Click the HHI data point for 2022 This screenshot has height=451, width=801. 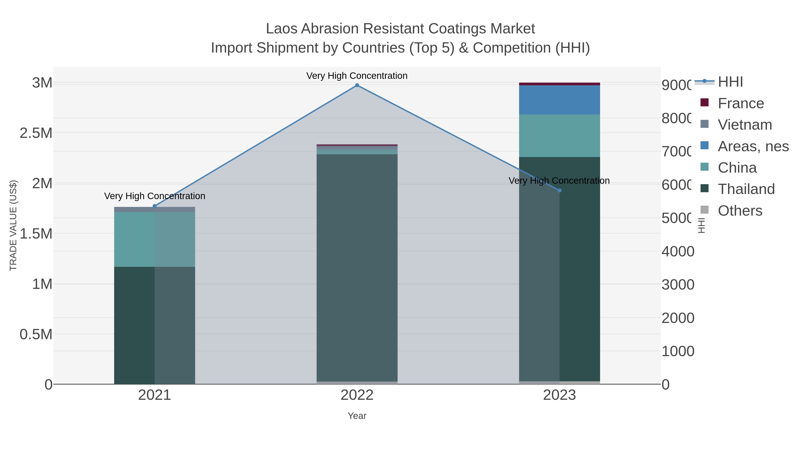coord(357,85)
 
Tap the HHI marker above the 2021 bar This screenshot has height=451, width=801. coord(155,206)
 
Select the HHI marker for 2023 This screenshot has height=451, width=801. coord(559,190)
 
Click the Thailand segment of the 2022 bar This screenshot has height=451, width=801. coord(357,268)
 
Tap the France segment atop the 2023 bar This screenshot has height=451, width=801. coord(559,84)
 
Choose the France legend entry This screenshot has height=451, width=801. coord(740,103)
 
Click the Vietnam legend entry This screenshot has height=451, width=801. coord(744,125)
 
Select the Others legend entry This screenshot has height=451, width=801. coord(739,211)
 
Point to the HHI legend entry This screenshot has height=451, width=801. coord(730,82)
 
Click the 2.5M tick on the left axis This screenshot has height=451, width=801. coord(36,133)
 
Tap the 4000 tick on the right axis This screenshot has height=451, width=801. coord(678,251)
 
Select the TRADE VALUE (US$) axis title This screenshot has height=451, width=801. coord(13,225)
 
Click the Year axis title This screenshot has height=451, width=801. coord(357,416)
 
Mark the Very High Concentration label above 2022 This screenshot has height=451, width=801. coord(357,76)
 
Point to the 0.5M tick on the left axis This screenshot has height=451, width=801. coord(36,335)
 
